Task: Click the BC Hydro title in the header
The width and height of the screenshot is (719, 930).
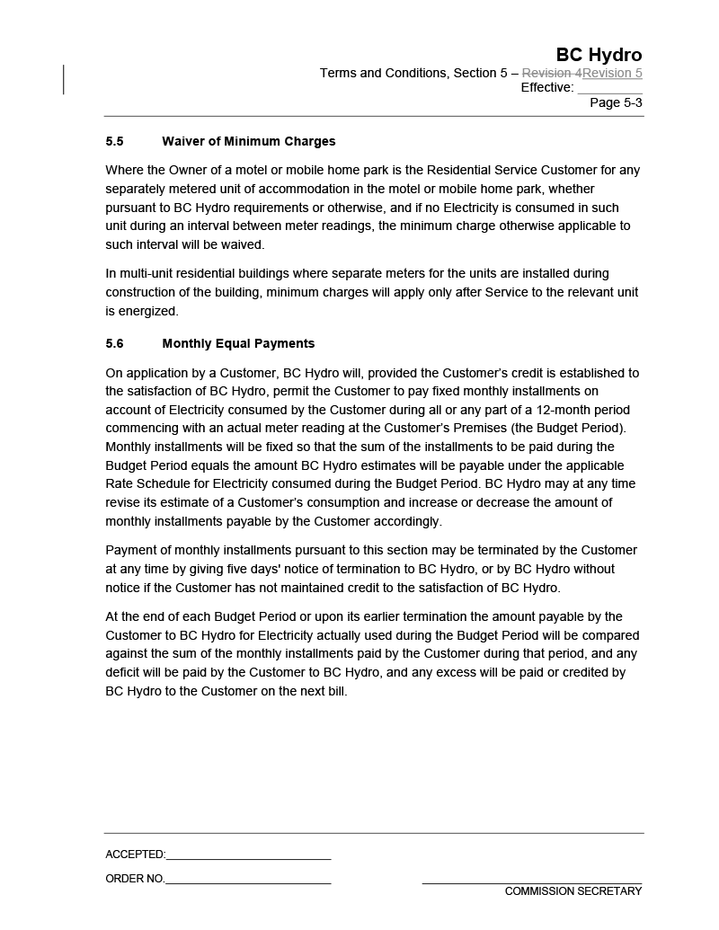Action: [x=599, y=55]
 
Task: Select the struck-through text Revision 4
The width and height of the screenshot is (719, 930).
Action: [x=552, y=73]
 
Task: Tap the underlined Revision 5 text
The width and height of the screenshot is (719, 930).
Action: [x=612, y=73]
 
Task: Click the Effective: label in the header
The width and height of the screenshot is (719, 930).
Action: [x=546, y=87]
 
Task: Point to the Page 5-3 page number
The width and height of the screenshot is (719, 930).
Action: [x=616, y=102]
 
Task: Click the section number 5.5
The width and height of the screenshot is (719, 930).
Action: [x=114, y=141]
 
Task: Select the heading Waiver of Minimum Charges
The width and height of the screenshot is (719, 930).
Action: [x=248, y=141]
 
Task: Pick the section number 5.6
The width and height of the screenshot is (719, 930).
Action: [x=114, y=343]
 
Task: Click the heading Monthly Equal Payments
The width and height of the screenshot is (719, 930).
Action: [x=238, y=343]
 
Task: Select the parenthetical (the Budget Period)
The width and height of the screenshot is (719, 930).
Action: [x=570, y=428]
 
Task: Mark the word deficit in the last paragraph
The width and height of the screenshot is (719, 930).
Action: [x=125, y=672]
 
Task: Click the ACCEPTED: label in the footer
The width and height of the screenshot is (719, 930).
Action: [x=135, y=855]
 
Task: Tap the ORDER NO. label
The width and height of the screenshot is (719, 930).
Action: [x=135, y=879]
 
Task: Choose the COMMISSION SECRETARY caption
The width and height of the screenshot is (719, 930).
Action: [x=573, y=891]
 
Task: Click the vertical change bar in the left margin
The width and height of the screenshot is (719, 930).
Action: [x=64, y=79]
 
